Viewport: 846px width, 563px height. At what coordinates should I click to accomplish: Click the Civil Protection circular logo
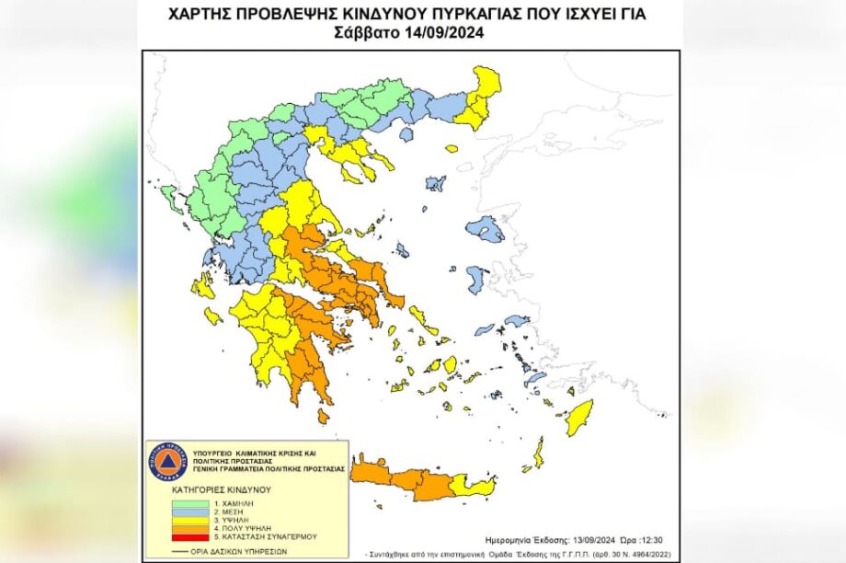[166, 461]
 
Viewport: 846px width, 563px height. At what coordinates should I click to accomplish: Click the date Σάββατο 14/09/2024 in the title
[409, 32]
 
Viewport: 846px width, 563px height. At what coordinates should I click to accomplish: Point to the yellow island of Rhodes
[578, 419]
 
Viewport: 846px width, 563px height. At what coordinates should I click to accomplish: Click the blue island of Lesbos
[485, 228]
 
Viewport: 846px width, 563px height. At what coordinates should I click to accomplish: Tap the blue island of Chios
[476, 279]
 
